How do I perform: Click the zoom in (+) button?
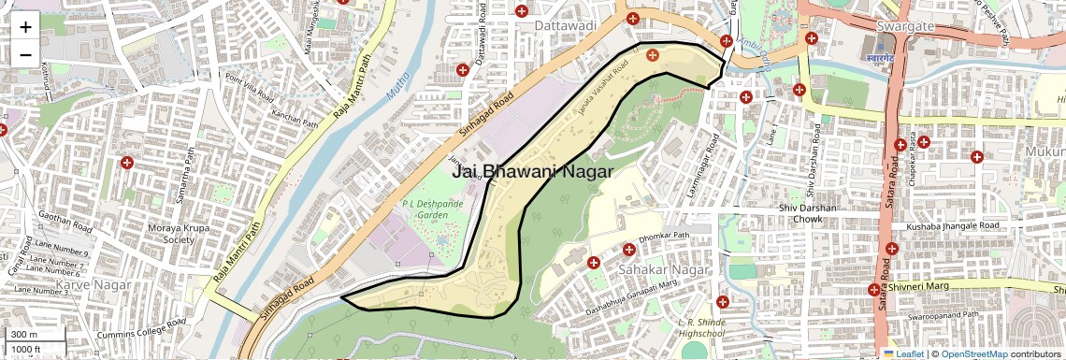click(x=25, y=27)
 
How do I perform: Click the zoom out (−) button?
click(x=25, y=54)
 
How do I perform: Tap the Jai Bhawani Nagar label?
click(x=532, y=171)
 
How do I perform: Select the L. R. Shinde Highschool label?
click(x=701, y=327)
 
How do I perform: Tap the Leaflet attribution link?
click(x=903, y=353)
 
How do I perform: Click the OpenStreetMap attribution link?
click(x=973, y=353)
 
